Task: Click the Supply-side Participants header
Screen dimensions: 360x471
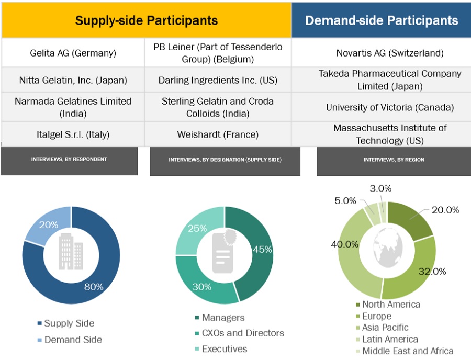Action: point(147,20)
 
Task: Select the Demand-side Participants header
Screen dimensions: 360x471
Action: point(382,20)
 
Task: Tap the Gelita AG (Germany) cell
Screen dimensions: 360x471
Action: point(73,53)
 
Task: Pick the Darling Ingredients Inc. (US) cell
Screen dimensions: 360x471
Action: point(218,81)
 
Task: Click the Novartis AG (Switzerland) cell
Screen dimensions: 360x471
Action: point(390,53)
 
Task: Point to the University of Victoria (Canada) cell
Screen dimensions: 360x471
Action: point(390,107)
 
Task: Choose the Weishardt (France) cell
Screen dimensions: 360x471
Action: point(218,134)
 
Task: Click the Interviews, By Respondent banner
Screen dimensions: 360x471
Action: point(69,159)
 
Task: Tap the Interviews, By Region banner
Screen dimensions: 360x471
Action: point(394,160)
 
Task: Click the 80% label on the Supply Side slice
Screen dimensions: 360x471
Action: point(94,287)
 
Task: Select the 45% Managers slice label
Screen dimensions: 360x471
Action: point(262,250)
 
